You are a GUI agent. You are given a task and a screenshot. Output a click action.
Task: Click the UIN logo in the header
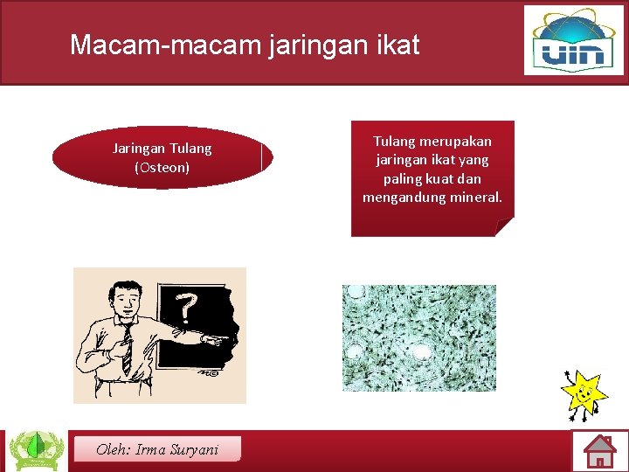tap(573, 41)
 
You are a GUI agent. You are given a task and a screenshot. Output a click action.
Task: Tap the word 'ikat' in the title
tap(397, 45)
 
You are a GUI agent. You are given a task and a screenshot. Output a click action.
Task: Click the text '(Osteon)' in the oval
tap(162, 167)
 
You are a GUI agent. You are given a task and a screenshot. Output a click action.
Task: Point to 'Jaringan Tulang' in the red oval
tap(162, 149)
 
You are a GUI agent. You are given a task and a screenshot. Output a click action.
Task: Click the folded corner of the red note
tap(504, 227)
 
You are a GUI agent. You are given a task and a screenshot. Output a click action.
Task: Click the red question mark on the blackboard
tap(185, 307)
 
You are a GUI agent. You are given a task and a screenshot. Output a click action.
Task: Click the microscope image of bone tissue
tap(418, 337)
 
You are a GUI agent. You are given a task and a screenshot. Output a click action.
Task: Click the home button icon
tap(599, 451)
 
